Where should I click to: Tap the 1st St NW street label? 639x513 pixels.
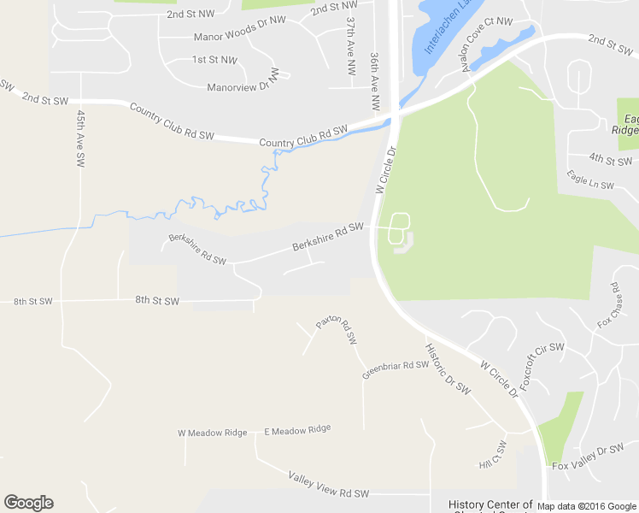pos(214,60)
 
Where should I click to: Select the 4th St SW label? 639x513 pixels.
pos(610,159)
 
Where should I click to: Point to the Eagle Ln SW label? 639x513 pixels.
pos(590,180)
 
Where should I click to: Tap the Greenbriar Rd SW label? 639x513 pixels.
pos(395,369)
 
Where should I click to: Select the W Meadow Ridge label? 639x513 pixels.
pos(212,433)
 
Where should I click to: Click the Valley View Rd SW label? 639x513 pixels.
pos(328,485)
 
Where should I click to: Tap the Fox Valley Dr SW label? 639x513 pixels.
pos(589,458)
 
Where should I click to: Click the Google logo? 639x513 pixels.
pos(28,503)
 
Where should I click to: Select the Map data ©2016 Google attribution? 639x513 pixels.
pos(586,506)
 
